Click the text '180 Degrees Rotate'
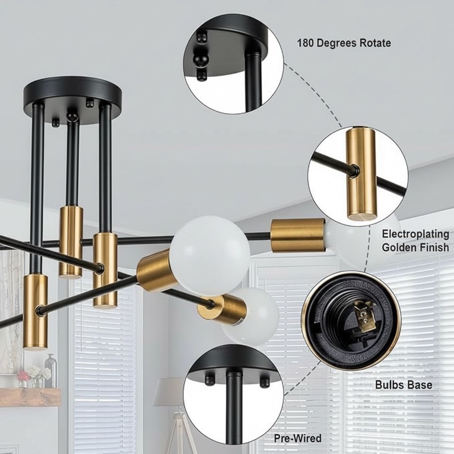344,43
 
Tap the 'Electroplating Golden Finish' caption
415,241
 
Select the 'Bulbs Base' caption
403,385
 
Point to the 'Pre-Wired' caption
297,438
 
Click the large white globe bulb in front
210,255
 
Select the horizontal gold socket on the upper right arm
297,235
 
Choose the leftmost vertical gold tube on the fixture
35,312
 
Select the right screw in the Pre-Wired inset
264,382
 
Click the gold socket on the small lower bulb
222,309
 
